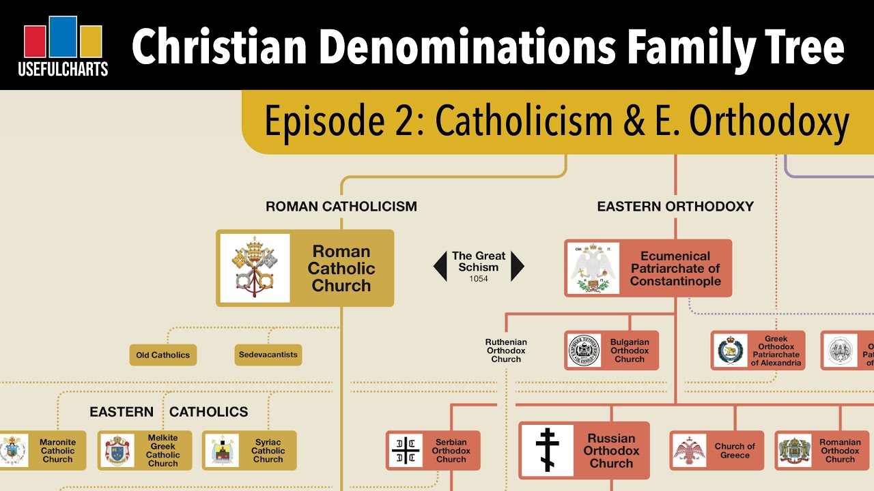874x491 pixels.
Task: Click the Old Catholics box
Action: [x=163, y=355]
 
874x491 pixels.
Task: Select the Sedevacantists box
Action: [x=268, y=355]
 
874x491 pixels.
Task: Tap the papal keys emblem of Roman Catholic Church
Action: [x=255, y=268]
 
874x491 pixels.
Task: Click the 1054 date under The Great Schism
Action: [x=478, y=279]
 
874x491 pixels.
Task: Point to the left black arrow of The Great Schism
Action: [x=440, y=267]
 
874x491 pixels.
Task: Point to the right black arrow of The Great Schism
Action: [x=518, y=267]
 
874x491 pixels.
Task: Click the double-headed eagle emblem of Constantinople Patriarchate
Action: [x=593, y=267]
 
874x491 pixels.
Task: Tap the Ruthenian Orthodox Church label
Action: [x=506, y=351]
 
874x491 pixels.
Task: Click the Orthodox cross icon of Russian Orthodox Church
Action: [x=548, y=450]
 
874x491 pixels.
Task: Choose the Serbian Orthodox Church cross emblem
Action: [x=406, y=451]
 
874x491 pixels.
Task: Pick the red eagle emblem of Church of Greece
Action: [x=689, y=451]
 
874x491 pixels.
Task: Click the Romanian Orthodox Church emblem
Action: [x=795, y=451]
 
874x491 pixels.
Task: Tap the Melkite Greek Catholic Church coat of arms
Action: [x=118, y=451]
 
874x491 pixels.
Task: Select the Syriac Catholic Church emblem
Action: [x=222, y=451]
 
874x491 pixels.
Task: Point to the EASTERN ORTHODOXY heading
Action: [x=675, y=206]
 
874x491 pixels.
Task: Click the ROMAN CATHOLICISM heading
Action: [x=341, y=206]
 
